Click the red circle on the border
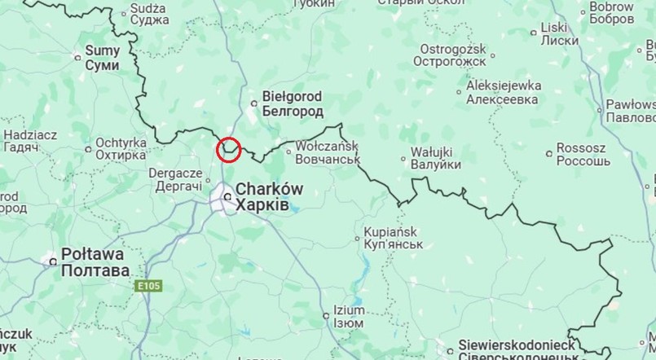[229, 149]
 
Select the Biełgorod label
[292, 96]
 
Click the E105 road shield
[149, 286]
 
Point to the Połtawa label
[95, 255]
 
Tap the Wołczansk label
[327, 144]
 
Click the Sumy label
[103, 50]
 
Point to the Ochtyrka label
[121, 143]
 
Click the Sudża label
[149, 7]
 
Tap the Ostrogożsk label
[449, 47]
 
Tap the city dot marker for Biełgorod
[255, 103]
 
